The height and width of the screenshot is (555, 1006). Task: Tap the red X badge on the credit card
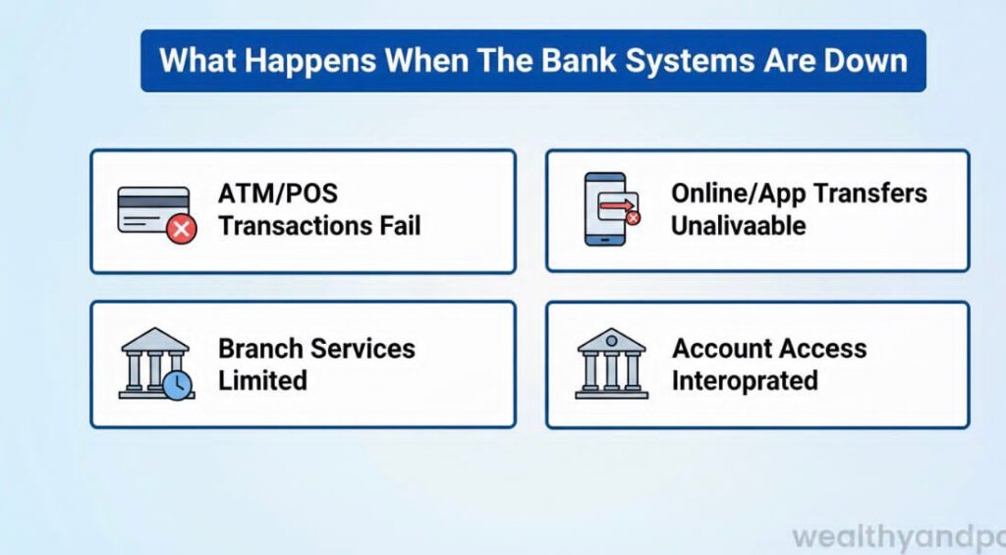(181, 230)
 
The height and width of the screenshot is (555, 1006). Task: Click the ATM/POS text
(278, 194)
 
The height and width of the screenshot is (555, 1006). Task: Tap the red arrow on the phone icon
(617, 204)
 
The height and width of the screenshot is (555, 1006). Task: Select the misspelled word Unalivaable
(738, 226)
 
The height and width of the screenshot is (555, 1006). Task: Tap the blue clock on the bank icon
(177, 385)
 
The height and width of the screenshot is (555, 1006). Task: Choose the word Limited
(262, 381)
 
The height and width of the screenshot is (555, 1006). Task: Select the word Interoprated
(745, 381)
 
